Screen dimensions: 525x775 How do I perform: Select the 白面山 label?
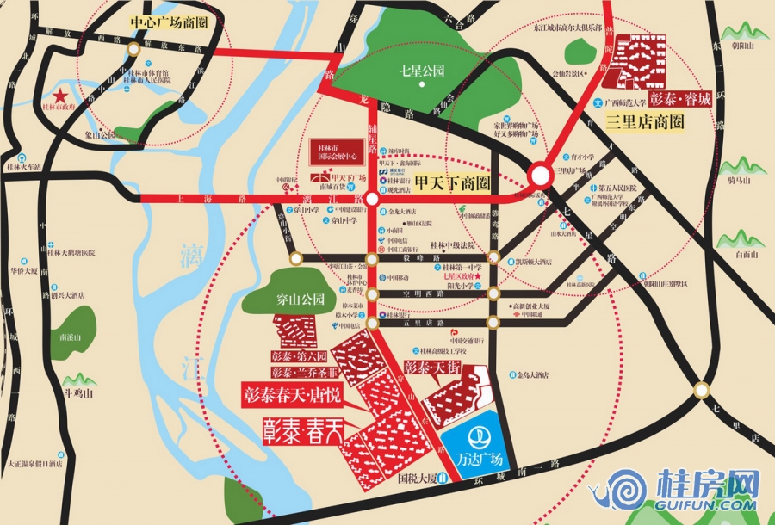tap(747, 255)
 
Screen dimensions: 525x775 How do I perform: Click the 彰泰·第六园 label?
tap(300, 355)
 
